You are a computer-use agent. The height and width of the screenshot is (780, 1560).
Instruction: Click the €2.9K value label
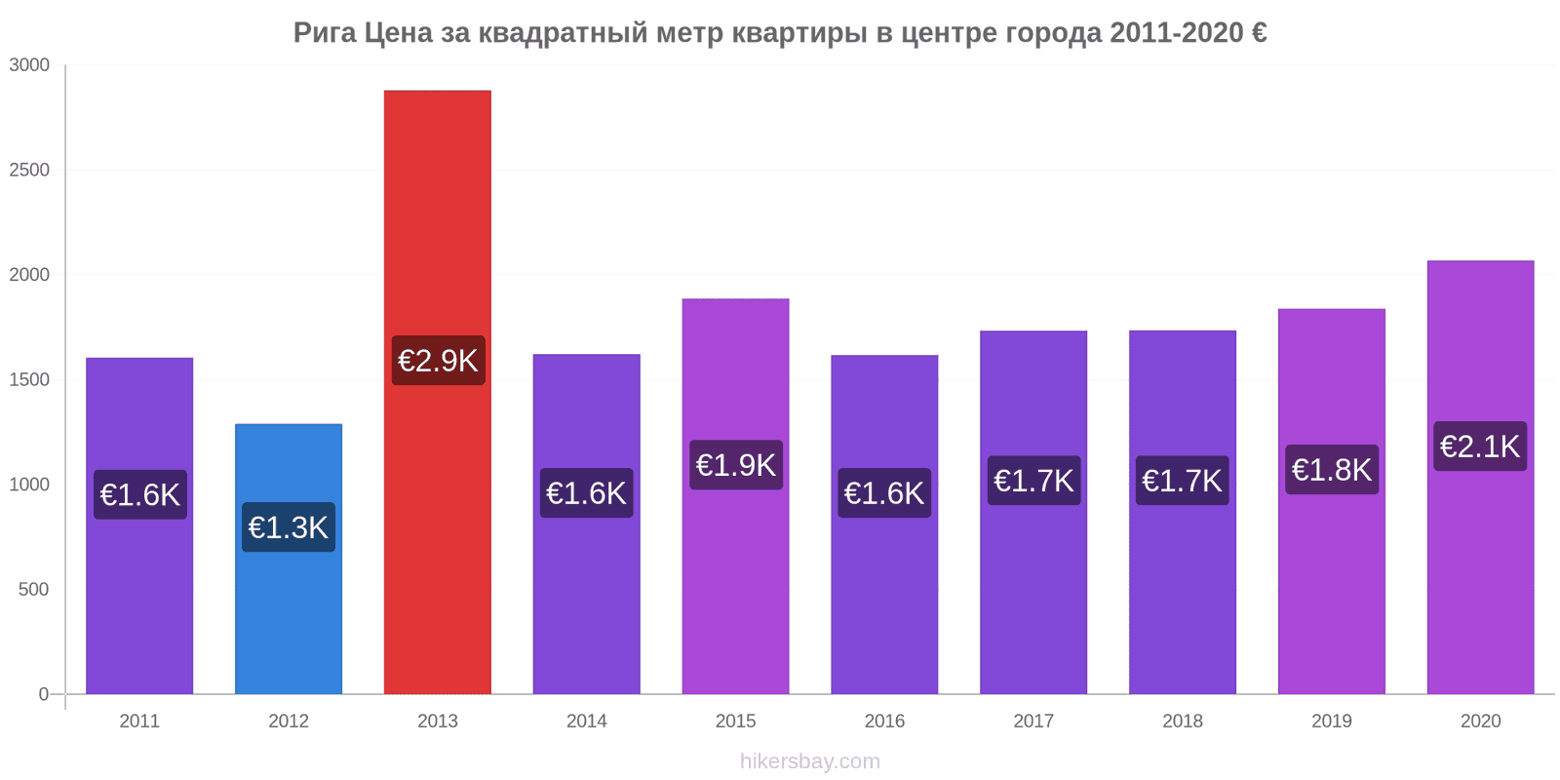point(438,361)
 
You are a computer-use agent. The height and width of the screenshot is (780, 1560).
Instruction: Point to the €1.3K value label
point(289,527)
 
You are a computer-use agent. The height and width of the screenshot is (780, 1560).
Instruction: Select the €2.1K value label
point(1480,447)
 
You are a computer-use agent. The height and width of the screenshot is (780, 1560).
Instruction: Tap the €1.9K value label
point(736,465)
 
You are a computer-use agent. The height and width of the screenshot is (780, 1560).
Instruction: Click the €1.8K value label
point(1332,470)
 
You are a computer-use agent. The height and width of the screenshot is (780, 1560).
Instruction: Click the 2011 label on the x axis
point(139,721)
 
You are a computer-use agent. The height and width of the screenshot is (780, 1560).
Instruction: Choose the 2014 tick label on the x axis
point(587,721)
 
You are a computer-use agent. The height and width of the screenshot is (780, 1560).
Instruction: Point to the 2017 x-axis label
point(1033,721)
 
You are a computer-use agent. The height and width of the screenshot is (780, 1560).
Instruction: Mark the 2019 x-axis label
point(1332,721)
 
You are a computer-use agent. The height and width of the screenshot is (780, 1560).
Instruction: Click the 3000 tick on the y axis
point(29,65)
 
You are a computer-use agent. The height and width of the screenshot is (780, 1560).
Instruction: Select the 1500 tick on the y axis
point(29,380)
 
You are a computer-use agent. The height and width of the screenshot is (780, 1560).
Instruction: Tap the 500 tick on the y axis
point(33,590)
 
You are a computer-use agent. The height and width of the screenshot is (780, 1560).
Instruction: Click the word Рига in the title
point(325,33)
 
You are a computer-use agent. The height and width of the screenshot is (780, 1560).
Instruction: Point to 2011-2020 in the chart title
point(1175,33)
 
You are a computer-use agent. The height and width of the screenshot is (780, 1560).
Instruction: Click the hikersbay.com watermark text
point(809,761)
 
